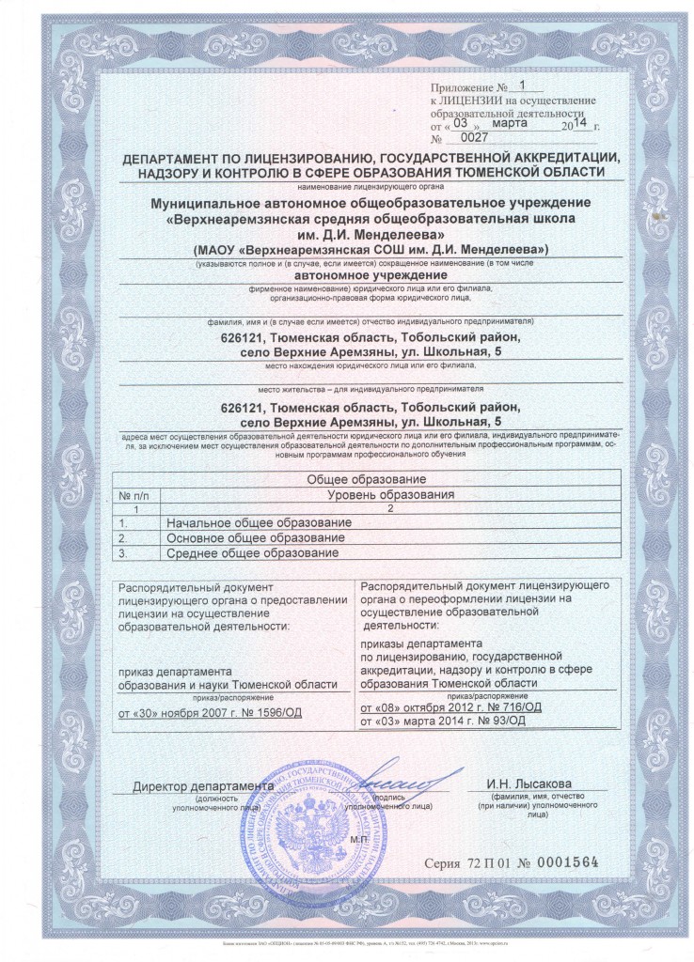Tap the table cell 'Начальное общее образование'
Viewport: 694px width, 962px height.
click(x=258, y=522)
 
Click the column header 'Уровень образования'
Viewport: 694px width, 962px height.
click(x=390, y=494)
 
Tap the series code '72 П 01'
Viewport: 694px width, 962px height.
click(x=485, y=861)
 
